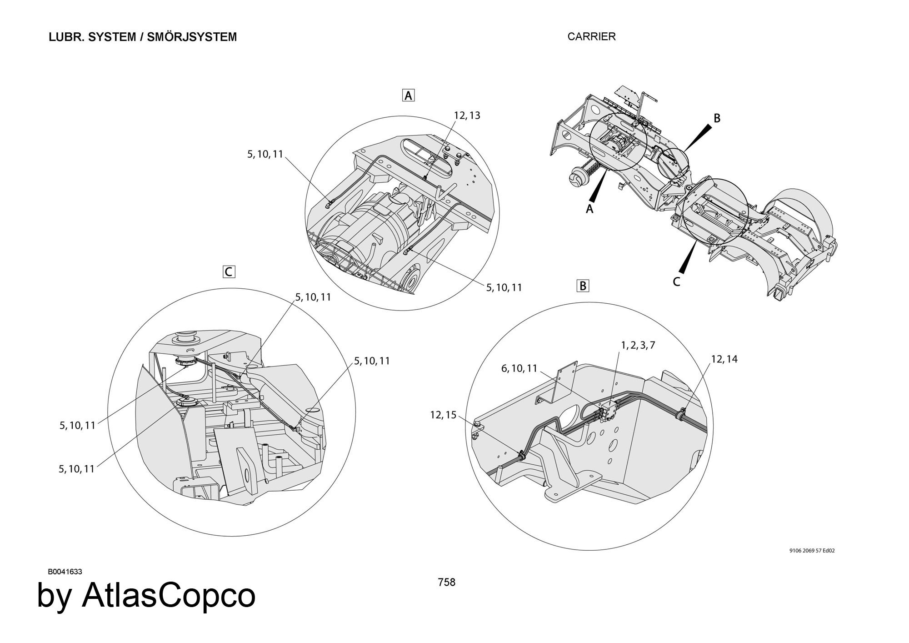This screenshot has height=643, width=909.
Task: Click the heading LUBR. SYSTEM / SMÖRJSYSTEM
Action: point(143,37)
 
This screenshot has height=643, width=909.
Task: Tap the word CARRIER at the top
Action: point(591,37)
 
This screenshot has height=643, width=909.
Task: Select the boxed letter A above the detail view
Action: point(409,95)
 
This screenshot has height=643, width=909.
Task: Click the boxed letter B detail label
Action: point(582,286)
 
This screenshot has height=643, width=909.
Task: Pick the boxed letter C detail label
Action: point(229,272)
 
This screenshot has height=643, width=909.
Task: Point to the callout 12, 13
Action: point(467,116)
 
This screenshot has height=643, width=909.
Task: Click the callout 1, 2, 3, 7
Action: point(638,345)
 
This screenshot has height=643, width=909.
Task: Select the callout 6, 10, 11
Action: point(519,368)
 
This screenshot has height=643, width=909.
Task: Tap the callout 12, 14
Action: point(724,359)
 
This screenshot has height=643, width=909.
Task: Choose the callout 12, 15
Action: point(443,415)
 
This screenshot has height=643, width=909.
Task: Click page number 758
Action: point(446,582)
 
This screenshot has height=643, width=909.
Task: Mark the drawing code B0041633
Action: point(65,572)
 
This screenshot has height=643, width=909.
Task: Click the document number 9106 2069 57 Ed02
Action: point(812,551)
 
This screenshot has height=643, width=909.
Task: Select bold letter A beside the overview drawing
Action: point(589,209)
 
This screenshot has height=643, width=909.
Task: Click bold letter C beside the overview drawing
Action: point(676,282)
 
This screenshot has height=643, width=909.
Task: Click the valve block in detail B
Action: point(609,410)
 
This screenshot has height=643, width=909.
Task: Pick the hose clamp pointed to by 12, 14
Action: point(681,414)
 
